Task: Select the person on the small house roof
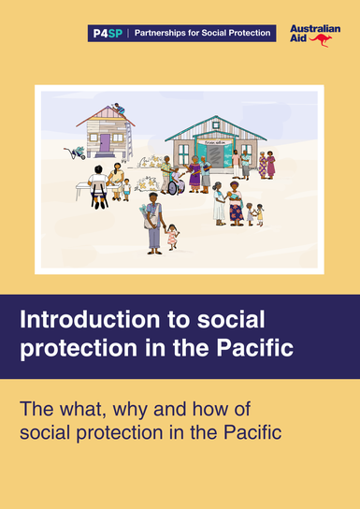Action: pos(119,109)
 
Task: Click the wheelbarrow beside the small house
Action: pos(73,153)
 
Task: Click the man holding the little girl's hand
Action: pos(153,225)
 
